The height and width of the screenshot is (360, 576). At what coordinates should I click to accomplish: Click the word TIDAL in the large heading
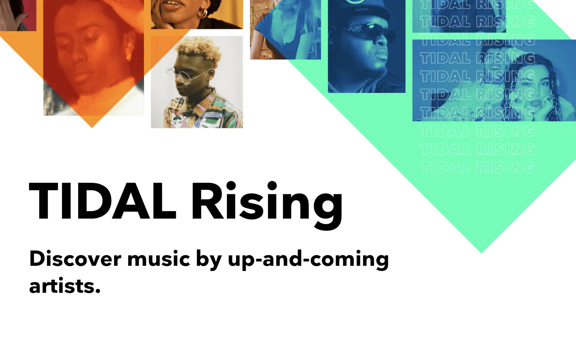103,201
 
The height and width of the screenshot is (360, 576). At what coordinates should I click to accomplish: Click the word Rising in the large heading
267,205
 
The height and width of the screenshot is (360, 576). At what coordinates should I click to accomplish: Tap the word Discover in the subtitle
75,259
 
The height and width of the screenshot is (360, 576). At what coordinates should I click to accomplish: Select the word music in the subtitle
159,259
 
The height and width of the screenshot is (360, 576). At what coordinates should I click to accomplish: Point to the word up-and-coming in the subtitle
308,260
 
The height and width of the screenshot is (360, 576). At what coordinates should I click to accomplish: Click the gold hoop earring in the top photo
203,13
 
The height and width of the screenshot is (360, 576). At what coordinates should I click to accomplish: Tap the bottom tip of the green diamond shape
481,253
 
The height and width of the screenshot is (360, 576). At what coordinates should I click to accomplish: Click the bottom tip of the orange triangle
92,127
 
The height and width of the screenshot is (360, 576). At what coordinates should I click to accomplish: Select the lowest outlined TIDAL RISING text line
477,167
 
